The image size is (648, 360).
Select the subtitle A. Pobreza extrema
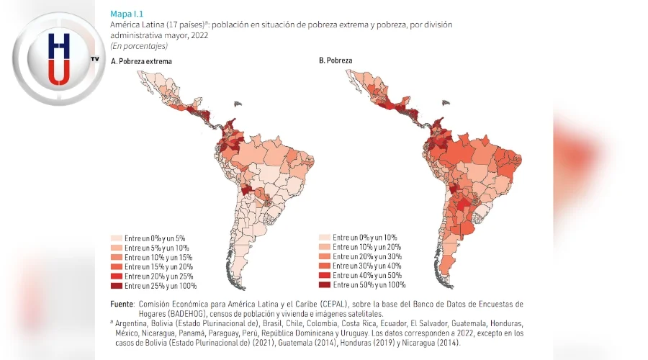pyautogui.click(x=141, y=61)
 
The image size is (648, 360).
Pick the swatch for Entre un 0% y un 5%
pyautogui.click(x=116, y=238)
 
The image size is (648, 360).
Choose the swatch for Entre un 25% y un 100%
pyautogui.click(x=116, y=286)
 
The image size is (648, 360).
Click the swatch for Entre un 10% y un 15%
pyautogui.click(x=116, y=257)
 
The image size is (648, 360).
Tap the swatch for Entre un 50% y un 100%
pyautogui.click(x=324, y=285)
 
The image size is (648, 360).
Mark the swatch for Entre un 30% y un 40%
pyautogui.click(x=324, y=266)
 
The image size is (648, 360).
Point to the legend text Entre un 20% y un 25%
pyautogui.click(x=158, y=276)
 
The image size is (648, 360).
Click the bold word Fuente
pyautogui.click(x=122, y=304)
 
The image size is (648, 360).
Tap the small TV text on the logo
pyautogui.click(x=94, y=58)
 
